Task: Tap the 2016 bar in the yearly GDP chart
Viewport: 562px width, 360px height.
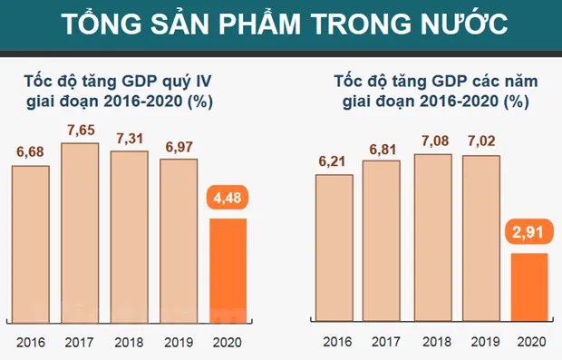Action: [x=334, y=249]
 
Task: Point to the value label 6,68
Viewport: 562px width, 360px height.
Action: [x=32, y=151]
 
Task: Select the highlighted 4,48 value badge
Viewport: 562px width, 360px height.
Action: [x=228, y=199]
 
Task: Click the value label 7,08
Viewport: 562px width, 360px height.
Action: [x=432, y=141]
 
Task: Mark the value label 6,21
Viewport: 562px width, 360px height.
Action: [x=334, y=161]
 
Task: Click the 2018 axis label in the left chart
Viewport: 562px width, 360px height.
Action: [x=130, y=343]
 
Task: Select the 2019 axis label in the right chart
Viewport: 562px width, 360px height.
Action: [x=481, y=343]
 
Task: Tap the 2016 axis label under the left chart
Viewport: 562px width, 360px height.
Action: [x=31, y=343]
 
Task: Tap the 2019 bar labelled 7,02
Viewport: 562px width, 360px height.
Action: [x=481, y=239]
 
